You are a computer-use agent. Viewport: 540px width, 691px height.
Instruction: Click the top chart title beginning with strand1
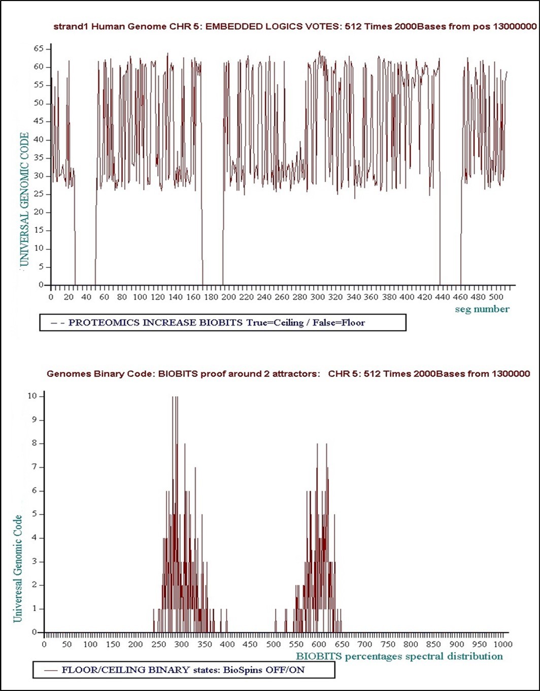pyautogui.click(x=295, y=27)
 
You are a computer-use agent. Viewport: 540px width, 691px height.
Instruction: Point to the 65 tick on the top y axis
pyautogui.click(x=39, y=49)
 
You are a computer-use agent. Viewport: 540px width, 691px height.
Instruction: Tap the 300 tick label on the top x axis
pyautogui.click(x=318, y=297)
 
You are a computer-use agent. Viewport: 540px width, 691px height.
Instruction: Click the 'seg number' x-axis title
pyautogui.click(x=482, y=309)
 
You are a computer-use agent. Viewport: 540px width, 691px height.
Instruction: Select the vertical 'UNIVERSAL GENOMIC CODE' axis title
pyautogui.click(x=24, y=199)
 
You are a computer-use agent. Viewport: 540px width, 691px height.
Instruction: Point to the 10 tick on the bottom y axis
pyautogui.click(x=33, y=396)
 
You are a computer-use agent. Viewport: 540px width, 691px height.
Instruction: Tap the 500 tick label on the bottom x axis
pyautogui.click(x=274, y=644)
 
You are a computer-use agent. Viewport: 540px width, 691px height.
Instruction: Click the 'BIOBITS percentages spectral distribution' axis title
pyautogui.click(x=399, y=657)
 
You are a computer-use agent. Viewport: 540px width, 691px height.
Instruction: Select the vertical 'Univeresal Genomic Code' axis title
pyautogui.click(x=18, y=568)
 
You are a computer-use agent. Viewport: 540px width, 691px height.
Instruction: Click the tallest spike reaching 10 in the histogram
pyautogui.click(x=175, y=401)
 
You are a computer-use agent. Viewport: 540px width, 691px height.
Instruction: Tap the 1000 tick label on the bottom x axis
pyautogui.click(x=502, y=644)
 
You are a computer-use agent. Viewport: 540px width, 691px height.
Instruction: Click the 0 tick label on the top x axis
pyautogui.click(x=51, y=297)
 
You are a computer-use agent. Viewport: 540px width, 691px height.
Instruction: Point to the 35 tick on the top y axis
pyautogui.click(x=39, y=158)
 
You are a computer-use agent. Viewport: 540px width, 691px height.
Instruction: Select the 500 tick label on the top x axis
pyautogui.click(x=496, y=297)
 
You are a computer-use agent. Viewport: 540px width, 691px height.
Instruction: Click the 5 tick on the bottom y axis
pyautogui.click(x=35, y=514)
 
